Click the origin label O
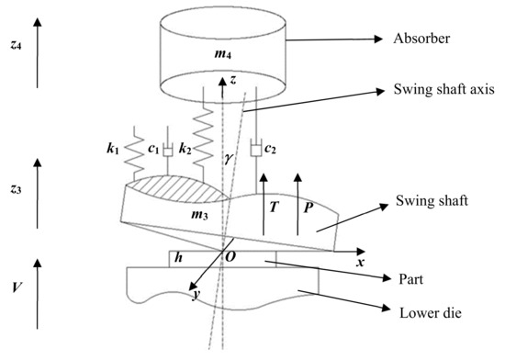[233, 260]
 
